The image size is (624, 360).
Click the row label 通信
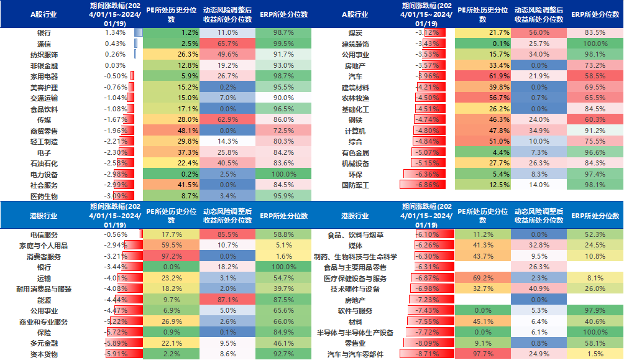44,44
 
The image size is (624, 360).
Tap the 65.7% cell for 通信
227,44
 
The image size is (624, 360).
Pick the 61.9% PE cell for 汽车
483,76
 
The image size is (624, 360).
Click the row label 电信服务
44,235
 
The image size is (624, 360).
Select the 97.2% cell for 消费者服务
172,256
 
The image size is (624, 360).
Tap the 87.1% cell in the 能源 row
227,300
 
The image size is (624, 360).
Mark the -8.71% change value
428,354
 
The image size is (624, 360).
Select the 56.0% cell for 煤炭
539,32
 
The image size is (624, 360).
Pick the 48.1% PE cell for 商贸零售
172,131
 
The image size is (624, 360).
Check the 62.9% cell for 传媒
227,119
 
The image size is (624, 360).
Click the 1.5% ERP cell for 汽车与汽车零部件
595,354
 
